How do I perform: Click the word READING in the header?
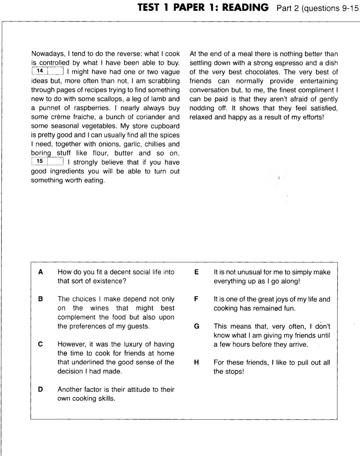pos(245,8)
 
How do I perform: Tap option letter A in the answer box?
pos(41,272)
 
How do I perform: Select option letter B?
pos(41,299)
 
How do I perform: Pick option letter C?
pos(41,344)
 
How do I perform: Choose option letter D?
pos(41,389)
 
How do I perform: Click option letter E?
pos(196,272)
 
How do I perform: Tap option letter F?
pos(196,299)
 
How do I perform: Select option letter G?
pos(197,326)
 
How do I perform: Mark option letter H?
pos(197,363)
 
